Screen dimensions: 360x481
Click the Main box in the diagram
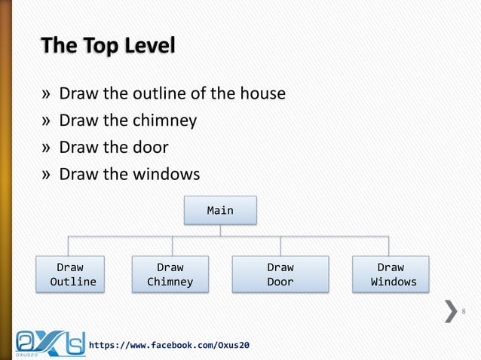coord(220,210)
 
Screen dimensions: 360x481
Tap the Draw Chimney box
coord(170,274)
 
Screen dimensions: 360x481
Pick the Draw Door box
coord(280,274)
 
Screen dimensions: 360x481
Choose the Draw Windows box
coord(391,274)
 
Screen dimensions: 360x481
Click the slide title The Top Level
coord(108,47)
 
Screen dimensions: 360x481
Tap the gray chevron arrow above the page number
coord(450,310)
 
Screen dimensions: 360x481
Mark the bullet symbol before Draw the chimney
coord(47,121)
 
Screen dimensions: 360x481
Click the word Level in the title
coord(149,47)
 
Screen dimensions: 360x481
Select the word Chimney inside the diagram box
coord(170,282)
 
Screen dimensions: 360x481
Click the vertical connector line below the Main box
coord(220,230)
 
